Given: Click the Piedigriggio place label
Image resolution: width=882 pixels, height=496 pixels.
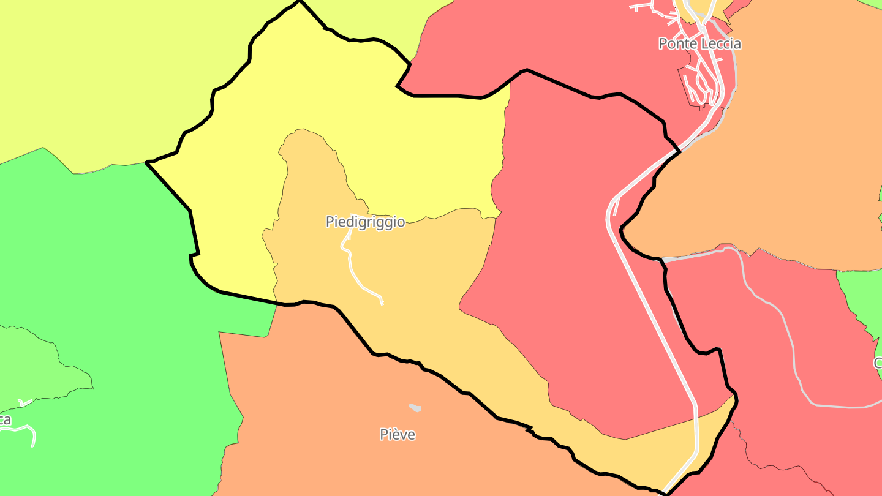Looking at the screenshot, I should tap(365, 222).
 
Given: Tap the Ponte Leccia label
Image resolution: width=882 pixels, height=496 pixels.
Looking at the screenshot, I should tap(699, 43).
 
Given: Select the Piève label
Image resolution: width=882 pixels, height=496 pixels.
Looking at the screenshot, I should tap(398, 435).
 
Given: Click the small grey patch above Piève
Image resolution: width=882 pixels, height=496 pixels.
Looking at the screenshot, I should tap(415, 407).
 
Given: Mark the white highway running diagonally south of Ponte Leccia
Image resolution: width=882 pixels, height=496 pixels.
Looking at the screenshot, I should tap(649, 306).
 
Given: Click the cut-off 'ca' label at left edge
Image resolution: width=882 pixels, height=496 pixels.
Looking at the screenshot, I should tap(6, 420).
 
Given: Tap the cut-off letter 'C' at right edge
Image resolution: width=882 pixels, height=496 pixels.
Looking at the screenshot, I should tap(878, 363).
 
